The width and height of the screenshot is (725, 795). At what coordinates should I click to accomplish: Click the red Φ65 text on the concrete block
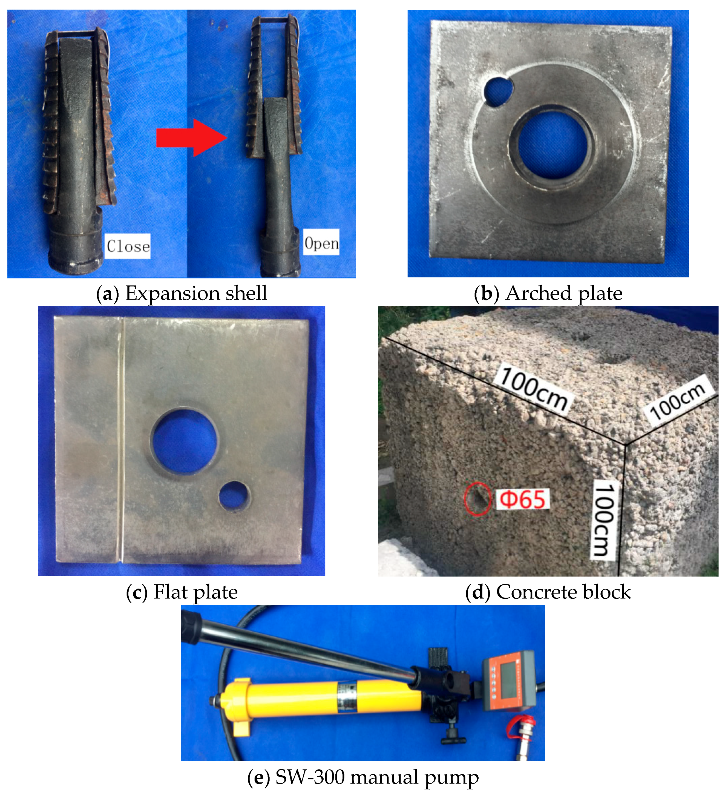pyautogui.click(x=522, y=499)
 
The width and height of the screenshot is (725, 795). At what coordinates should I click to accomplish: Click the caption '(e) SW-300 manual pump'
pyautogui.click(x=363, y=777)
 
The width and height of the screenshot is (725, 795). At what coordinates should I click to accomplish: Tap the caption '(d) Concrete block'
pyautogui.click(x=548, y=592)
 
